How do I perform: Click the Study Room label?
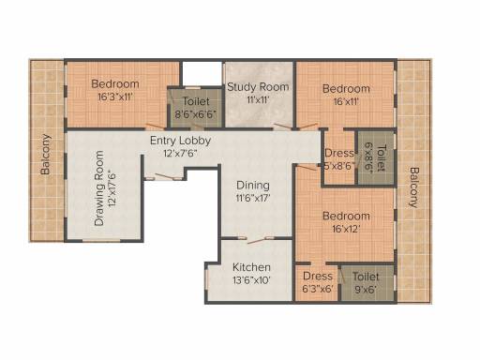click(x=258, y=87)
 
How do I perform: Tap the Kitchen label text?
click(x=251, y=267)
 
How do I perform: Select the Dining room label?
click(x=253, y=186)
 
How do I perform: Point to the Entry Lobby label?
click(x=180, y=141)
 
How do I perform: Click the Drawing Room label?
click(x=99, y=188)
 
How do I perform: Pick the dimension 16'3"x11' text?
click(x=115, y=97)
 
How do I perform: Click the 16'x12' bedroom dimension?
click(x=346, y=230)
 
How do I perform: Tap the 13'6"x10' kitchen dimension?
click(x=251, y=280)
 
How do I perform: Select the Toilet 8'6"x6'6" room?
click(x=196, y=108)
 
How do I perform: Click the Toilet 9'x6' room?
click(x=367, y=283)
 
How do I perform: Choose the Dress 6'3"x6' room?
click(x=317, y=283)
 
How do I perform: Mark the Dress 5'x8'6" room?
click(x=339, y=157)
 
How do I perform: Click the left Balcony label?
click(x=46, y=154)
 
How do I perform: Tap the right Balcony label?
click(x=413, y=187)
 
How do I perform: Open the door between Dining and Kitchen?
click(x=256, y=240)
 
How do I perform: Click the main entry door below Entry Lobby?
click(x=164, y=176)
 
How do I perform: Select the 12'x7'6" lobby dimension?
click(x=180, y=154)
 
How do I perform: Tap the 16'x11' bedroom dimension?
click(x=346, y=102)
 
